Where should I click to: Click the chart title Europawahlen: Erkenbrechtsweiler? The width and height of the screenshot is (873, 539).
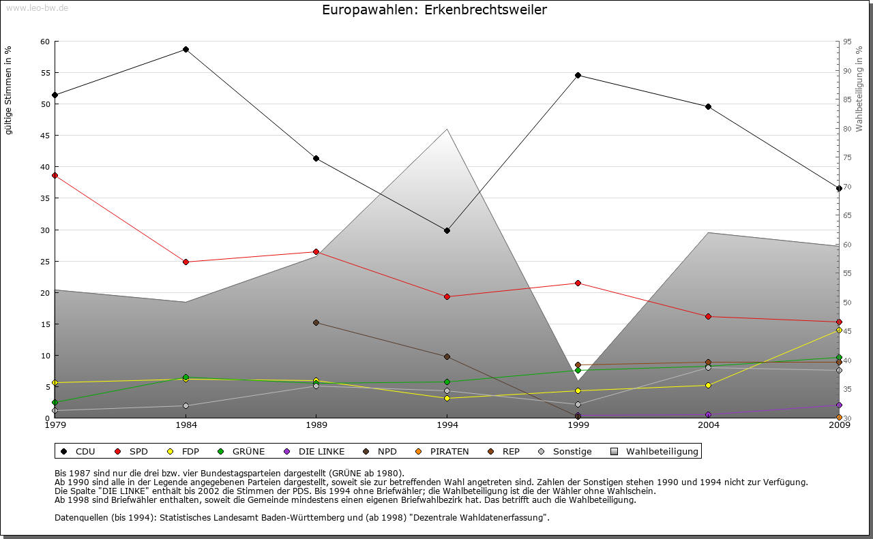(x=434, y=10)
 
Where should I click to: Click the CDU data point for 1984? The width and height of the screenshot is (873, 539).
(x=186, y=49)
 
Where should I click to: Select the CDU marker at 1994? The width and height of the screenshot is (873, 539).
(x=447, y=230)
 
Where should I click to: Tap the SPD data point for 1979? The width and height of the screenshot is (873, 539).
(x=55, y=175)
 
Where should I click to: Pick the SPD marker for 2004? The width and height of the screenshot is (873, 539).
(x=709, y=316)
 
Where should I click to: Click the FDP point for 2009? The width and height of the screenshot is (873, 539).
(x=839, y=330)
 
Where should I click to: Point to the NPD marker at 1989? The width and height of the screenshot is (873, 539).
(x=316, y=322)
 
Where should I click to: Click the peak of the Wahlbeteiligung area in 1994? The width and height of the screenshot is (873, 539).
(x=447, y=129)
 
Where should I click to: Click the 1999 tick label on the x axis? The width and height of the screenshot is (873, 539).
(x=578, y=426)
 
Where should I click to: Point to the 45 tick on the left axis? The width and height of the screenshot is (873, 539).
(x=45, y=136)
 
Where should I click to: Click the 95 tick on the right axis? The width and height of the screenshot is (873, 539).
(x=847, y=42)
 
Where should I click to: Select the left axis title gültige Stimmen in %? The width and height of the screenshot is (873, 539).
(x=8, y=90)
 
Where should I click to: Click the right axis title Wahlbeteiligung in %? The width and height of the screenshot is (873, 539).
(x=859, y=89)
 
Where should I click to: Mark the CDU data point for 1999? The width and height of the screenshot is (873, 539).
(x=578, y=75)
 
